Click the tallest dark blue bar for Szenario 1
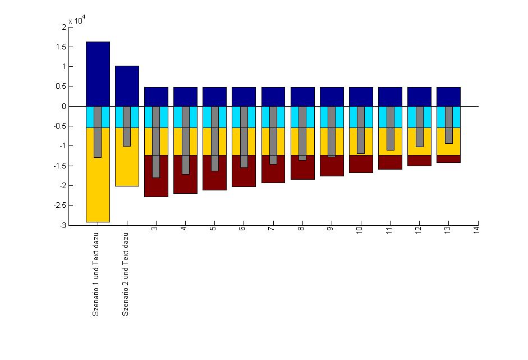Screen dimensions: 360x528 click(98, 74)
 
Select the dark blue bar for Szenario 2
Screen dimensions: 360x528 click(127, 86)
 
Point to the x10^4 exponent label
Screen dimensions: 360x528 click(76, 21)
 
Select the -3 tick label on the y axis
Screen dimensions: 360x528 click(62, 225)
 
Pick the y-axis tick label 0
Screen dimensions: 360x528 click(63, 106)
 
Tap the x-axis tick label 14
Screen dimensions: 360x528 click(476, 230)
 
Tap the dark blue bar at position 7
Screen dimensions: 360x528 click(273, 97)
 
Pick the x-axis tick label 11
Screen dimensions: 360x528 click(389, 230)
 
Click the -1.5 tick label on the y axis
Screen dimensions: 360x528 click(60, 166)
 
